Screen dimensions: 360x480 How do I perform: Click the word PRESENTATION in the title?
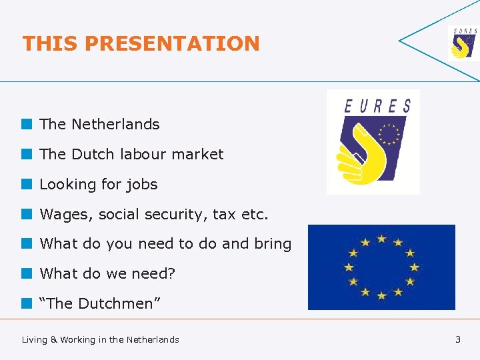[172, 44]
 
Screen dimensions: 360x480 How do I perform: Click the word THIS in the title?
[51, 44]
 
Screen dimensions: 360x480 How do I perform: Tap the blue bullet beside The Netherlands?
[27, 124]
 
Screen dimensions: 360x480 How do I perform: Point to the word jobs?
[141, 184]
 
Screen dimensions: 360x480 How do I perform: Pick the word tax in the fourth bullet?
[224, 214]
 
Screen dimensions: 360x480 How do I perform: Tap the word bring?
[273, 244]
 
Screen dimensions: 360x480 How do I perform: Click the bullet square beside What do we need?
[27, 273]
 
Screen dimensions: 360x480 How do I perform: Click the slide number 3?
[457, 339]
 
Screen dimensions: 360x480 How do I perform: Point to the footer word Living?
[35, 339]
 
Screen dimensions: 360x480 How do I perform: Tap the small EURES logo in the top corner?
[463, 43]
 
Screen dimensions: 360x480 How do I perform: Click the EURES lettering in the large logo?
[377, 105]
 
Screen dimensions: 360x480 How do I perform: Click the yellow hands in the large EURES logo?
[363, 153]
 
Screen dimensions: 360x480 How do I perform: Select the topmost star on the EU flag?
[381, 238]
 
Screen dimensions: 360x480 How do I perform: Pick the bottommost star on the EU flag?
[381, 295]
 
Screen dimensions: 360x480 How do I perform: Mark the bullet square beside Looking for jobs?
[27, 184]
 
